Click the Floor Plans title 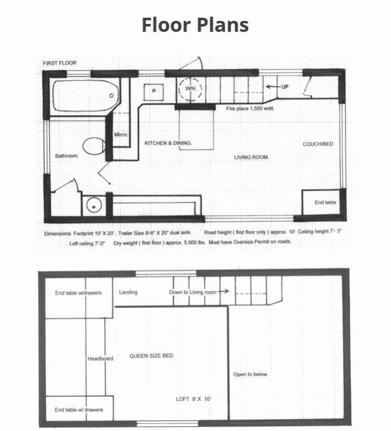pos(195,24)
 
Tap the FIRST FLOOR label pos(59,63)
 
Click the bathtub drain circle pos(112,96)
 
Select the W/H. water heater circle pos(191,89)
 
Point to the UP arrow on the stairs pos(273,87)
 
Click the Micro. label pos(121,134)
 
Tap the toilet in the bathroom pos(94,146)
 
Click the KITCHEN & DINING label pos(168,143)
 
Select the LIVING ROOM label pos(252,157)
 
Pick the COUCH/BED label pos(318,144)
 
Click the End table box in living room pos(321,202)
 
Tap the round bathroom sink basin pos(94,205)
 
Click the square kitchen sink pos(154,92)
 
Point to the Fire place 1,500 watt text pos(250,108)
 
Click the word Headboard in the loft pos(101,359)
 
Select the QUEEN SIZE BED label pos(151,355)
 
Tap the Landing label pos(128,292)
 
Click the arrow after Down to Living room pos(224,291)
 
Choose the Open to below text pos(250,374)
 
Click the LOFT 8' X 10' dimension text pos(193,399)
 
